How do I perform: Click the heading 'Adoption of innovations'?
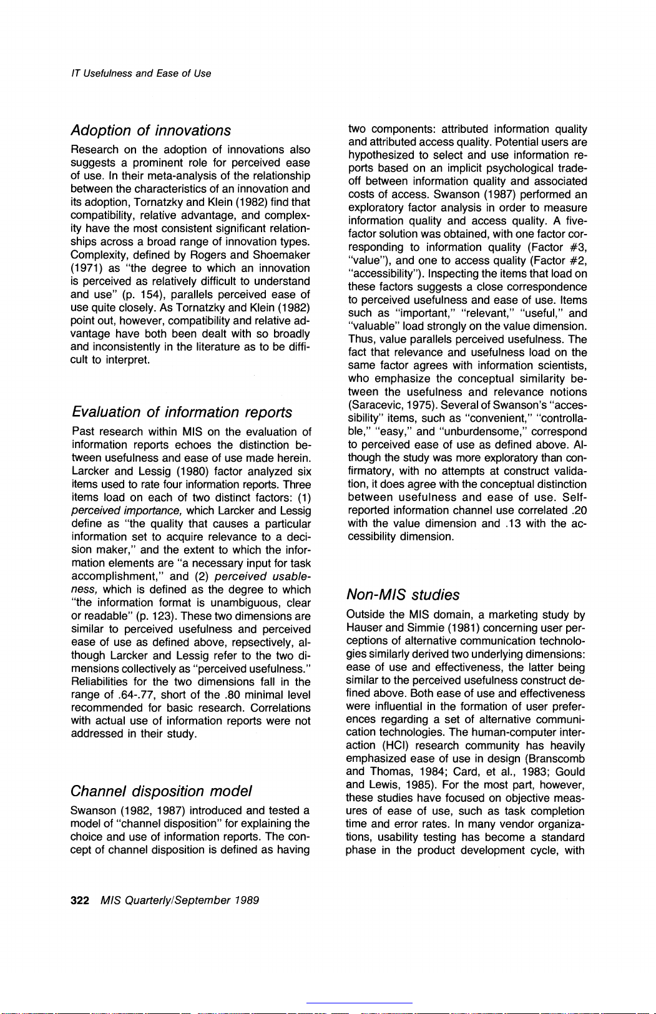tap(150, 130)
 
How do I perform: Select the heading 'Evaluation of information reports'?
tap(182, 412)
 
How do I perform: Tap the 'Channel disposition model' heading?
tap(162, 791)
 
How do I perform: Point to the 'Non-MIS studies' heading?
tap(403, 595)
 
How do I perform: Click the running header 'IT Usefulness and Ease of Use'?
tap(140, 74)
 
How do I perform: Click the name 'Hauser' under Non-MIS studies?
tap(364, 628)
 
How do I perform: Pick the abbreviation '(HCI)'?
tap(395, 746)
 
